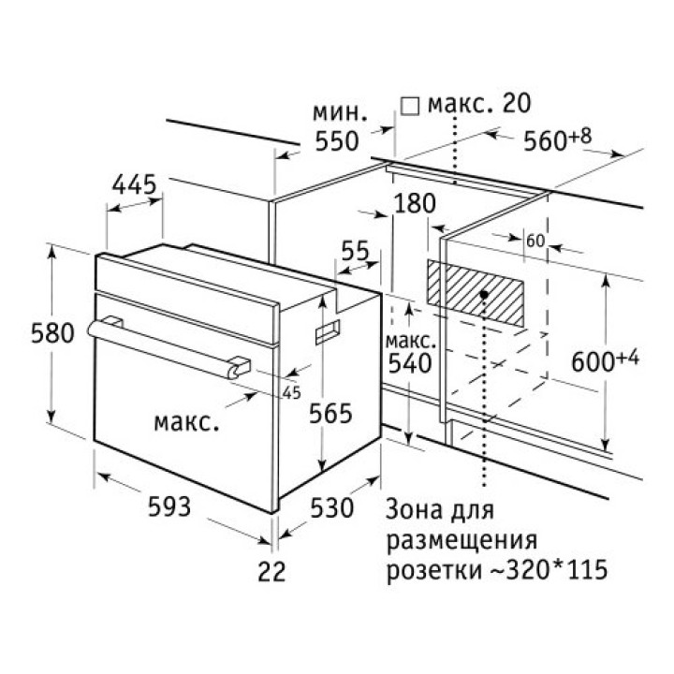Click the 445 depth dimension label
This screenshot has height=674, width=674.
click(133, 185)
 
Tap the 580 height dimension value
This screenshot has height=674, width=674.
click(25, 333)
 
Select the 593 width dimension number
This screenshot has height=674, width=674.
click(169, 506)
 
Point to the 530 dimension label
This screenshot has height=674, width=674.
click(331, 508)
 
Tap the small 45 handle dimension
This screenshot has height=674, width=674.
click(291, 392)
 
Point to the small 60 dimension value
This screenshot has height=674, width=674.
click(535, 241)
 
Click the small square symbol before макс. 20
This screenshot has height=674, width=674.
click(408, 105)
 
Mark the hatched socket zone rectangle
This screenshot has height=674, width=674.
click(475, 293)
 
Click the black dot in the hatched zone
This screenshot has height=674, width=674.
click(483, 294)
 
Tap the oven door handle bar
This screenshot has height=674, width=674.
click(168, 344)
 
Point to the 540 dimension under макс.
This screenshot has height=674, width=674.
click(409, 362)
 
